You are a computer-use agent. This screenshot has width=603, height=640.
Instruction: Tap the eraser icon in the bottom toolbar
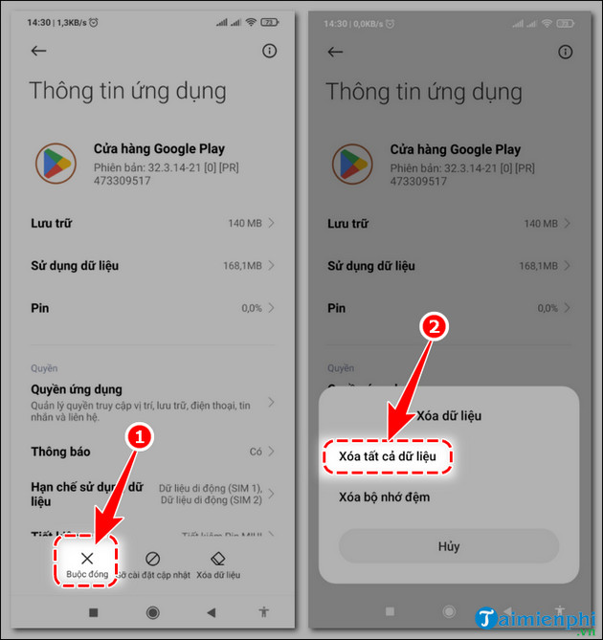[x=217, y=558]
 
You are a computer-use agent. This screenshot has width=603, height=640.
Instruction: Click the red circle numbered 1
[x=140, y=436]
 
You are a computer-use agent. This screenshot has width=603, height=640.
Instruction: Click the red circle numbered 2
[x=435, y=326]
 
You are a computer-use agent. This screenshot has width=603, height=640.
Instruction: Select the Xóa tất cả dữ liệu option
[x=387, y=456]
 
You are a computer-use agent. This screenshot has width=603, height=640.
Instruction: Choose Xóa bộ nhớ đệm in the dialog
[x=384, y=497]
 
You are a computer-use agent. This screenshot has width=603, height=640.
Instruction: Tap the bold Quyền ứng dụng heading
[x=77, y=389]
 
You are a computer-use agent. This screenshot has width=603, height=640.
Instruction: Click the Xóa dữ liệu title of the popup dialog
[x=449, y=416]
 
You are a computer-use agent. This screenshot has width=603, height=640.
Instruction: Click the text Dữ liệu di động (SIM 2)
[x=210, y=500]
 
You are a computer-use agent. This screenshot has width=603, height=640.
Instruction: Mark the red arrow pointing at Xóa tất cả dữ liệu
[x=409, y=383]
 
